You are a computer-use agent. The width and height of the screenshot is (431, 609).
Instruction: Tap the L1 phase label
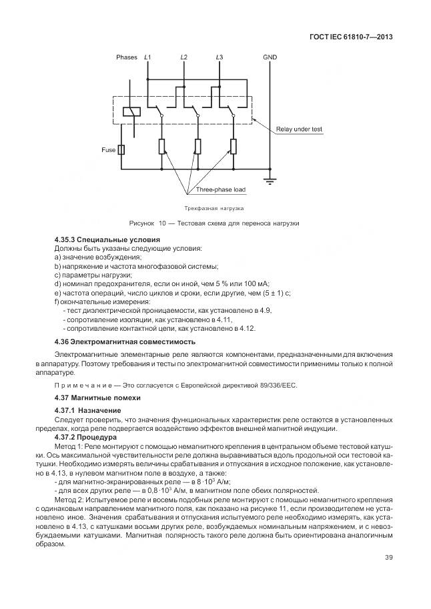pos(147,57)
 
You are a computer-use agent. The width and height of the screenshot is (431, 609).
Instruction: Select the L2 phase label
pos(183,57)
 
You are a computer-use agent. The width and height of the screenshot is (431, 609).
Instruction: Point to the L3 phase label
pos(220,57)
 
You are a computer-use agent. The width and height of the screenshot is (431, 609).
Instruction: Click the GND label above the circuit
pos(270,57)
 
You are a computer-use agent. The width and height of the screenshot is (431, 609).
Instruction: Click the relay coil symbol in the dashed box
pos(132,112)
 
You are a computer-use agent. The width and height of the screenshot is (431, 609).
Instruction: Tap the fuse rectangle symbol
pos(122,150)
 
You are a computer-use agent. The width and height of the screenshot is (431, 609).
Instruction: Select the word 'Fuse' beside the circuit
pos(108,150)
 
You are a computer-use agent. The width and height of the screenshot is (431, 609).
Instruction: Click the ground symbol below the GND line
pos(270,179)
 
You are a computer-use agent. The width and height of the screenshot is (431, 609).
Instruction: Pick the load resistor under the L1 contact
pos(161,146)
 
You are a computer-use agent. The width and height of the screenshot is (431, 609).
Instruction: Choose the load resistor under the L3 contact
pos(234,146)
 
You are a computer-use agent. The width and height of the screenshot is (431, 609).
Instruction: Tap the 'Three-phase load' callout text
pos(221,189)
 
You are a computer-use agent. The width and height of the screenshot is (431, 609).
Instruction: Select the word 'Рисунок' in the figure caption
pos(143,222)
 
